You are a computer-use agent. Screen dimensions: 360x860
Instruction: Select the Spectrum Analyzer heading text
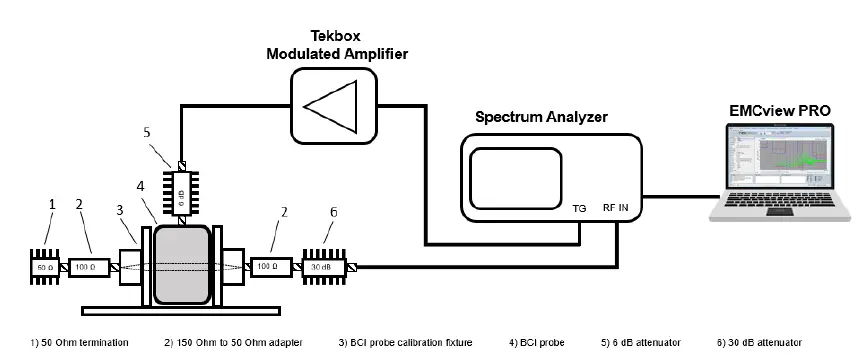(539, 117)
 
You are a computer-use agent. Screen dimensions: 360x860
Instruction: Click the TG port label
(579, 210)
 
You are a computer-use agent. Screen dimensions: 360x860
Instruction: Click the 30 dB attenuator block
(326, 267)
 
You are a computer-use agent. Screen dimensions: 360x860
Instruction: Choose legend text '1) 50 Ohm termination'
(80, 343)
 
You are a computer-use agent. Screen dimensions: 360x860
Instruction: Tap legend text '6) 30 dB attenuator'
(763, 343)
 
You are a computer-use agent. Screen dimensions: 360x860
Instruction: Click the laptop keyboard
(780, 209)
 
